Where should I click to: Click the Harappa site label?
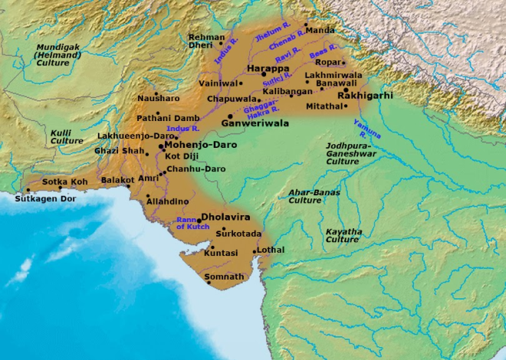click(x=268, y=68)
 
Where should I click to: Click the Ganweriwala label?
click(x=254, y=122)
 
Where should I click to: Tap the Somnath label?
click(x=224, y=277)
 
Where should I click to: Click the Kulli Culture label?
click(x=67, y=136)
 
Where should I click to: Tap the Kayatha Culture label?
click(x=343, y=235)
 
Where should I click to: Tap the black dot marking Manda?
click(x=304, y=25)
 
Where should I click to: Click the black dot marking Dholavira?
click(x=199, y=221)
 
